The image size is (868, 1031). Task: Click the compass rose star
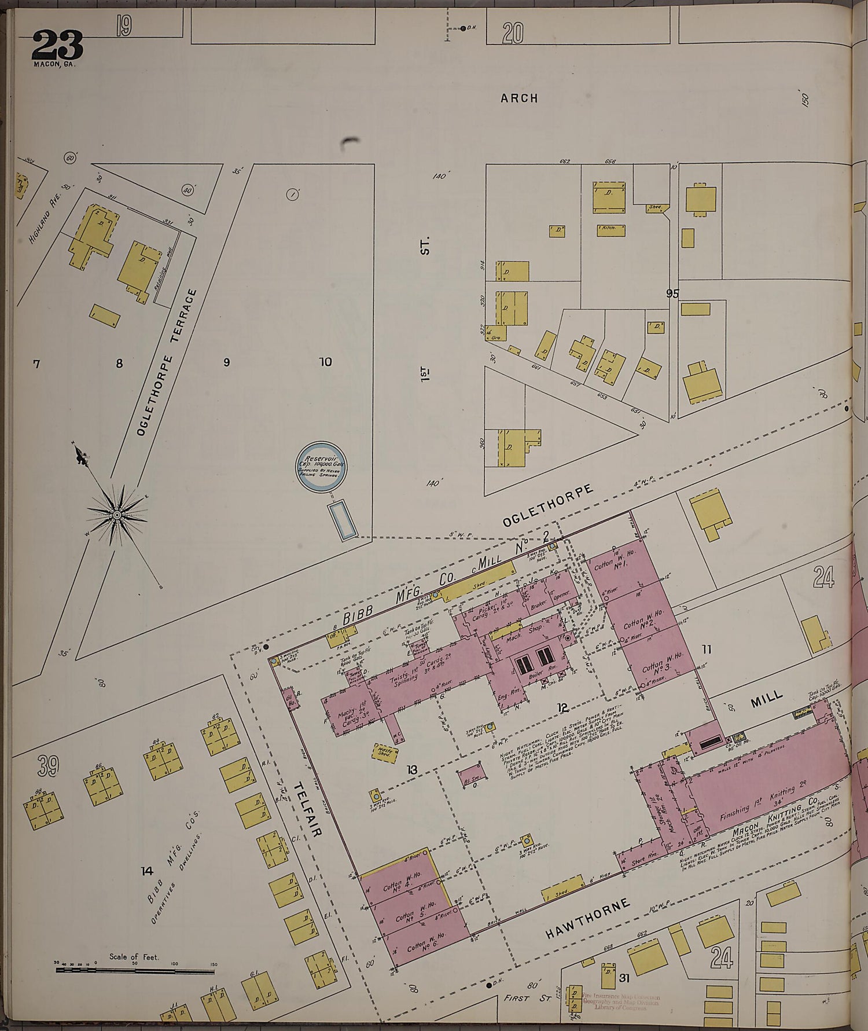coord(117,514)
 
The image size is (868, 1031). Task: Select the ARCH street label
coord(519,98)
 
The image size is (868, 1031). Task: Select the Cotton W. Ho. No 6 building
coord(425,948)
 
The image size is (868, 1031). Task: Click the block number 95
coord(672,293)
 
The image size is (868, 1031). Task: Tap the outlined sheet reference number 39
coord(49,767)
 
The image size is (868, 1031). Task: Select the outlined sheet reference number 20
coord(512,33)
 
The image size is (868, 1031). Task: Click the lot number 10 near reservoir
coord(325,362)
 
